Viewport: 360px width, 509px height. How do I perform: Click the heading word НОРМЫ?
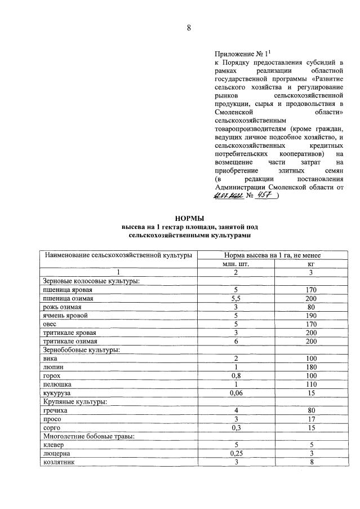pos(189,218)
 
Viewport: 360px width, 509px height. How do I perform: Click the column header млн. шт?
pos(236,263)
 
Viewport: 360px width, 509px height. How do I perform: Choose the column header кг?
pos(310,263)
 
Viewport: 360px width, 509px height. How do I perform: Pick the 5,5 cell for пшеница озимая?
pos(236,298)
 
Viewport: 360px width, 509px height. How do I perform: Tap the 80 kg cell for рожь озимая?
pos(310,307)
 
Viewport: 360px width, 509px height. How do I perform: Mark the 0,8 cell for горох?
pos(236,375)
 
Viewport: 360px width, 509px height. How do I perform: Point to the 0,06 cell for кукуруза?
pos(236,393)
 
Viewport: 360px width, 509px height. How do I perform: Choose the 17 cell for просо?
pos(310,419)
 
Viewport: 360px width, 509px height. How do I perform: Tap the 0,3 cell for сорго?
pos(236,427)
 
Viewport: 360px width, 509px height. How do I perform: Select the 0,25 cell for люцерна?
pos(236,453)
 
